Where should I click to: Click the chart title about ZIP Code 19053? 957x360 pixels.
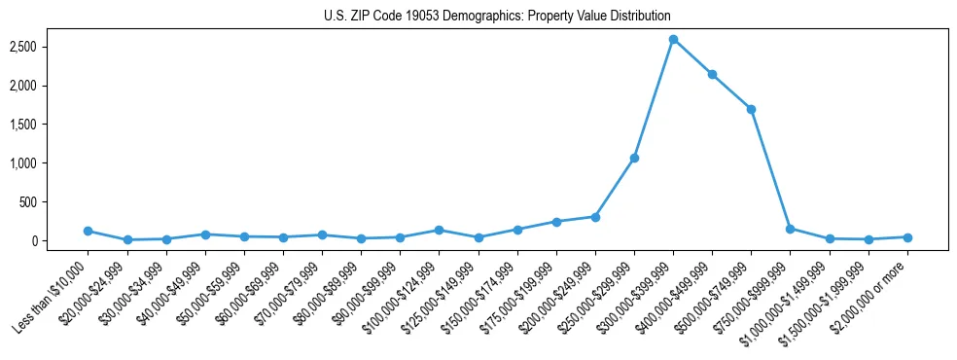click(497, 16)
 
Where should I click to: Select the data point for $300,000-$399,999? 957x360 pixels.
click(673, 39)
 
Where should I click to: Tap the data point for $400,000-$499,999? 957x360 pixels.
click(712, 74)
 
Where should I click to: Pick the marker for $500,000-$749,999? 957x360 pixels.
click(751, 109)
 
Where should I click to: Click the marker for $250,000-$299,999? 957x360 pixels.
click(634, 158)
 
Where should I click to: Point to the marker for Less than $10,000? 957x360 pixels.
click(88, 231)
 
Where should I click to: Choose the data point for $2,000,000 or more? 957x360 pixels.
click(907, 237)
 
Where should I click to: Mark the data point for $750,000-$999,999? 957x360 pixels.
click(790, 229)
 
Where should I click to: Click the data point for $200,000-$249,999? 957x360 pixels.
click(595, 217)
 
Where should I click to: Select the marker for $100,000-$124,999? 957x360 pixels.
click(439, 230)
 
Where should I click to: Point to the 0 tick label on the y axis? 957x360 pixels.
click(59, 241)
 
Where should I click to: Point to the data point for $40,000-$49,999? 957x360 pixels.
click(205, 234)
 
